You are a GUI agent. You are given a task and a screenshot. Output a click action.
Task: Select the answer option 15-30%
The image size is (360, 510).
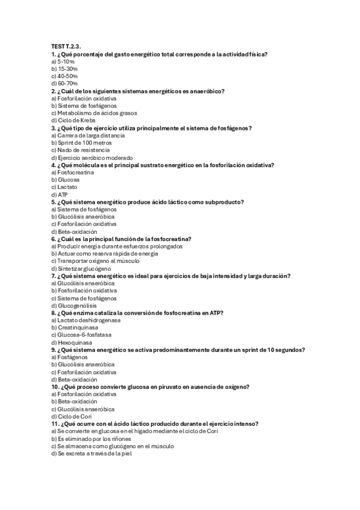[64, 69]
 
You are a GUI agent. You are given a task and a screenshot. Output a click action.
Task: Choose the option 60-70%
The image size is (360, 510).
[64, 84]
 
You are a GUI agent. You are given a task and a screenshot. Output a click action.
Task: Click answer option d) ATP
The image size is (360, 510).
[60, 194]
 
